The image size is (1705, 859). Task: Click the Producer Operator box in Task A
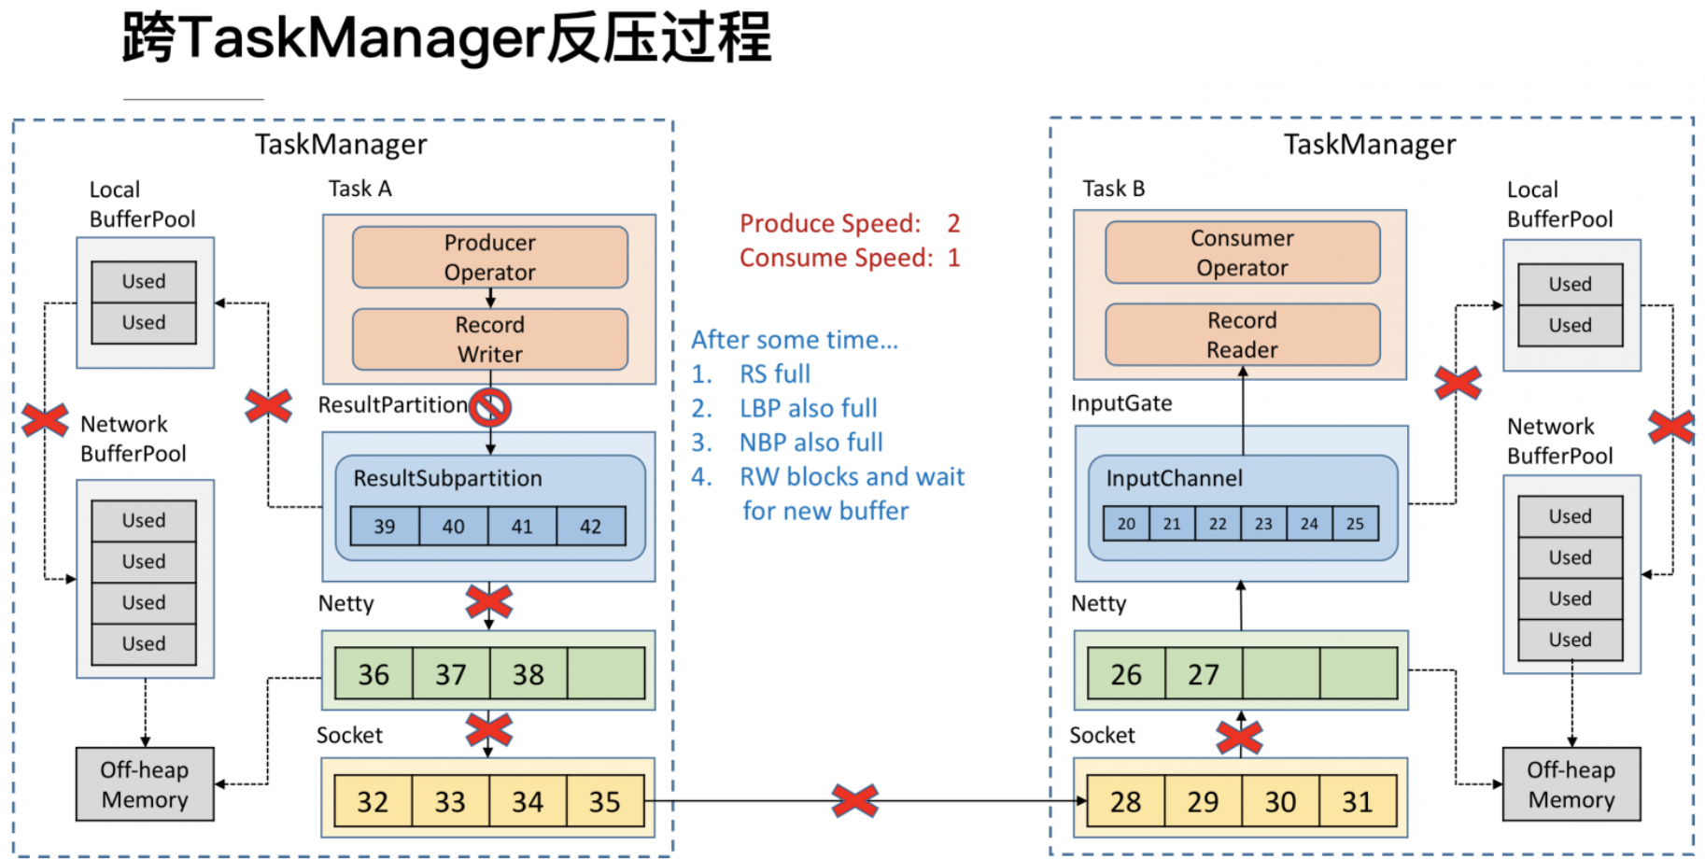pyautogui.click(x=489, y=257)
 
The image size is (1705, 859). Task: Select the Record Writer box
pyautogui.click(x=489, y=339)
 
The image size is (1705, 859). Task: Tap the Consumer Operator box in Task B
pyautogui.click(x=1242, y=252)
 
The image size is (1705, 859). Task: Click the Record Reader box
pyautogui.click(x=1242, y=334)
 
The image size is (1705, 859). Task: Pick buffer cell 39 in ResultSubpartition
pyautogui.click(x=385, y=527)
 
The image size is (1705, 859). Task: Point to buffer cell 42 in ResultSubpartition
pyautogui.click(x=590, y=527)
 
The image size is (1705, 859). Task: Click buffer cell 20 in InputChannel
pyautogui.click(x=1126, y=524)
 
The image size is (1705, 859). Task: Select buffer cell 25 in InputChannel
pyautogui.click(x=1355, y=524)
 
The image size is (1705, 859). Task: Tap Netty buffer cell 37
pyautogui.click(x=451, y=674)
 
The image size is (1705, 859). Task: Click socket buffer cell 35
pyautogui.click(x=604, y=801)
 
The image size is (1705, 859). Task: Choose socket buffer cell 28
pyautogui.click(x=1125, y=801)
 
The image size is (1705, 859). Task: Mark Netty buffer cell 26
pyautogui.click(x=1126, y=674)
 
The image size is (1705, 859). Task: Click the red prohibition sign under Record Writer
pyautogui.click(x=490, y=407)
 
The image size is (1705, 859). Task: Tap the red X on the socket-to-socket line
pyautogui.click(x=854, y=800)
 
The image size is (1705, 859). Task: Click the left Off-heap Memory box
pyautogui.click(x=145, y=784)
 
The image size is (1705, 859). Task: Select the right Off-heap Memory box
pyautogui.click(x=1571, y=784)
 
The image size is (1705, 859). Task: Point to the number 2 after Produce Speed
pyautogui.click(x=953, y=223)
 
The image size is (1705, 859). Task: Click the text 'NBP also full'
pyautogui.click(x=810, y=443)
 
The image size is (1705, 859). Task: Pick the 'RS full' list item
pyautogui.click(x=774, y=374)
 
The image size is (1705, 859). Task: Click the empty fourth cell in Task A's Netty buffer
pyautogui.click(x=605, y=674)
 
